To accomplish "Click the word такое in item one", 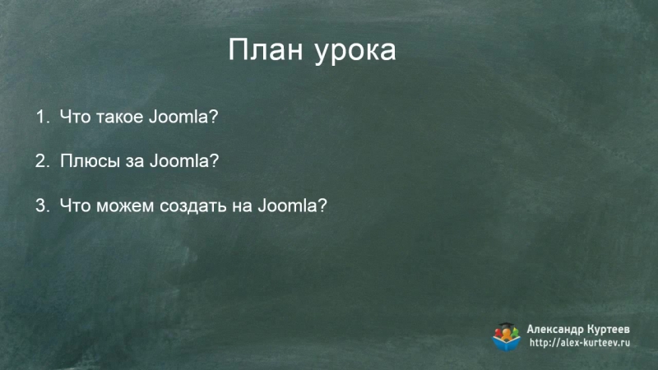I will tap(118, 117).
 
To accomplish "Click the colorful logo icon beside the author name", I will tap(507, 335).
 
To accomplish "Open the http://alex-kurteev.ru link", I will tap(580, 343).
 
